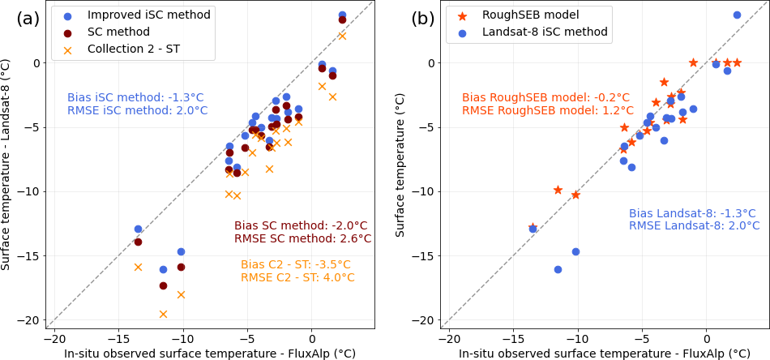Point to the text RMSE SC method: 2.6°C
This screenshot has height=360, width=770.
[303, 238]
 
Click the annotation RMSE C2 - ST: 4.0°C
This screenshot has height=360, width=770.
[297, 277]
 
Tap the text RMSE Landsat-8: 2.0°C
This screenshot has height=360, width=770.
[692, 225]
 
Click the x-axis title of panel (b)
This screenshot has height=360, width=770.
[604, 354]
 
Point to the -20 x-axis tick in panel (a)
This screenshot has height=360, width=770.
[53, 336]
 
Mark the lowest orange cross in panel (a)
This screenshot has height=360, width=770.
[163, 314]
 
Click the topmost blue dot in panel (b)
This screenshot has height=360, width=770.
[737, 15]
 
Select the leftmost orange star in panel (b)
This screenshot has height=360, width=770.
[533, 228]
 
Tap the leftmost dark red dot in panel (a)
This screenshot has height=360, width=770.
[138, 242]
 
